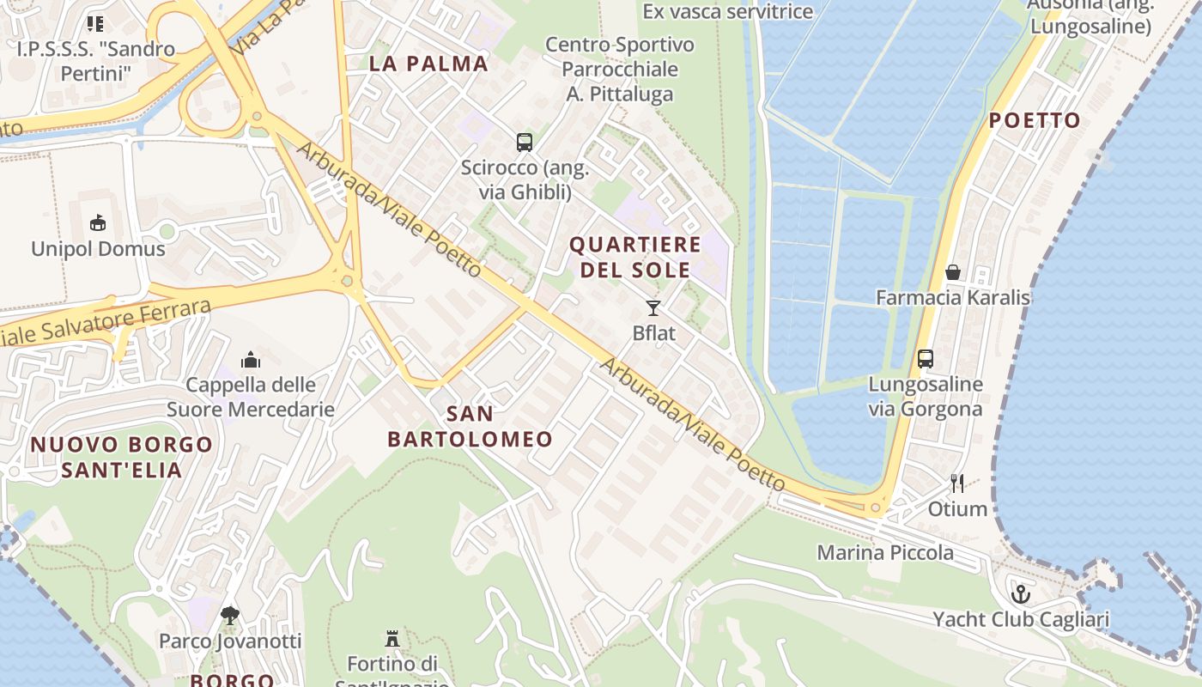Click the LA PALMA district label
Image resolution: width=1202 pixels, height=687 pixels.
coord(428,64)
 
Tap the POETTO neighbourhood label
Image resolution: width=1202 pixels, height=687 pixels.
coord(1035,120)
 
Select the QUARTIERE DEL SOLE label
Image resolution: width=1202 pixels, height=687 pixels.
coord(635,257)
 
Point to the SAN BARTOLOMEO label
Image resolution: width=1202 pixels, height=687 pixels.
coord(470,427)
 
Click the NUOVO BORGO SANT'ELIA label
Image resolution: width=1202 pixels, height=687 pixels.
coord(121,457)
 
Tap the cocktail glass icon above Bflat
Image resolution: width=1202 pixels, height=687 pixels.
coord(653,308)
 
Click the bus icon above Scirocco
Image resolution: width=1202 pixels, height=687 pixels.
coord(524,143)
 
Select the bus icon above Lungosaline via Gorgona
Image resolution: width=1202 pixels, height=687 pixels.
coord(925,359)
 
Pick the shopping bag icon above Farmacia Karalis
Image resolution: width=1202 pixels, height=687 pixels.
coord(952,272)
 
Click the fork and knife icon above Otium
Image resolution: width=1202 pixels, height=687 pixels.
coord(957,483)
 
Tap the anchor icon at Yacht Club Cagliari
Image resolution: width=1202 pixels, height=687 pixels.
coord(1021,593)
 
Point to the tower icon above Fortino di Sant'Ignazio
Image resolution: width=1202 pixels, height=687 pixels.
coord(392,638)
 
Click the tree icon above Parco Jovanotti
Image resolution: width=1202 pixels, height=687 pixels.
coord(229,615)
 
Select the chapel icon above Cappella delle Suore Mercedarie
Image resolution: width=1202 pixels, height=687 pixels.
coord(251,359)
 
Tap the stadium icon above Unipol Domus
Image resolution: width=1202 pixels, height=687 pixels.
coord(98,223)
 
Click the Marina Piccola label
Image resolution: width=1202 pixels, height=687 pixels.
coord(884,552)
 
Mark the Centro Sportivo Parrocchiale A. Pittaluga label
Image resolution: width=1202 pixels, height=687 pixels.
coord(620,69)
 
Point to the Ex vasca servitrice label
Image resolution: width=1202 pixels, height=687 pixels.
coord(727,11)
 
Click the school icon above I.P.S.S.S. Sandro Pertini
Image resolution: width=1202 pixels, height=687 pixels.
coord(95,23)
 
